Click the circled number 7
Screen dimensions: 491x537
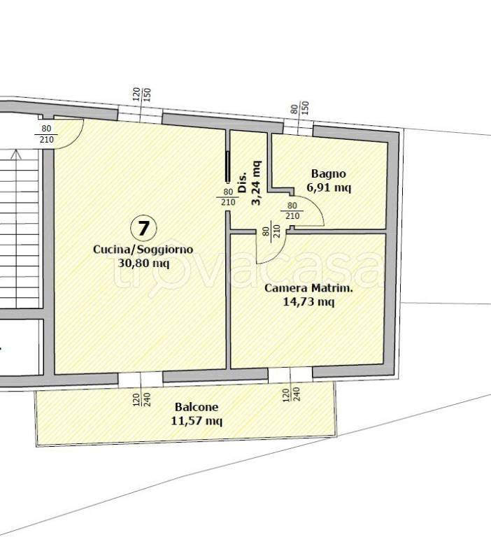coord(143,228)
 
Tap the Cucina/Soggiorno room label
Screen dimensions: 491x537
coord(143,249)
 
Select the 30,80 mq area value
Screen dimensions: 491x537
coord(143,263)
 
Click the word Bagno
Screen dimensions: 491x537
coord(328,174)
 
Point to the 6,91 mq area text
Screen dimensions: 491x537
coord(329,187)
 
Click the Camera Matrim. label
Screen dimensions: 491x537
coord(308,287)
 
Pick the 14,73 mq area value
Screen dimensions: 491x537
coord(308,302)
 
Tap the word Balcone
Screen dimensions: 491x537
coord(197,407)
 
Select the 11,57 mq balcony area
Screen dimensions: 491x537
coord(197,420)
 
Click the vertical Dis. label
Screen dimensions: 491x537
coord(242,182)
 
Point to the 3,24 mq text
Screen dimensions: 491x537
coord(256,182)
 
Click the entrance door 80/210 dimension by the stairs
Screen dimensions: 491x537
coord(46,134)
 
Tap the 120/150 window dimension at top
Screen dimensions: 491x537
coord(141,95)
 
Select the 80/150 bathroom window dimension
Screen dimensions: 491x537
coord(300,108)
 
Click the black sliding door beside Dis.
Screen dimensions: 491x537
coord(227,166)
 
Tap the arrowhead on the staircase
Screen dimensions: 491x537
coord(15,155)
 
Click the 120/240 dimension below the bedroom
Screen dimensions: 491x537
coord(291,394)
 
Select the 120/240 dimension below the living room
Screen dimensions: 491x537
coord(141,400)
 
